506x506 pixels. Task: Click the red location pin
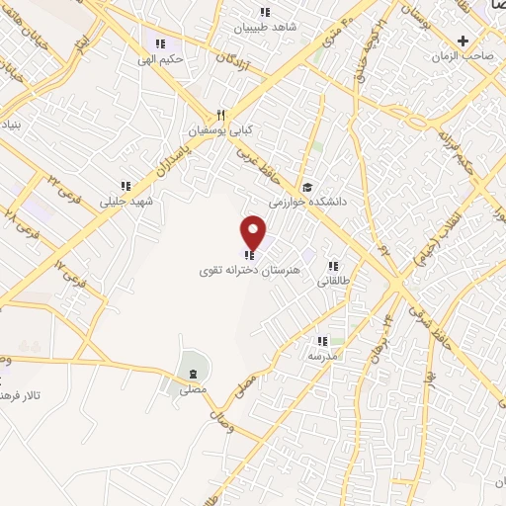tap(254, 232)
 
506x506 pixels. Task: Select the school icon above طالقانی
tap(333, 266)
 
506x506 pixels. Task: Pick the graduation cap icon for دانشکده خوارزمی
tap(307, 187)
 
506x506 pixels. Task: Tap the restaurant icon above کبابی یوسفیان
tap(222, 114)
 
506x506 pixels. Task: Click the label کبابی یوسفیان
tap(222, 129)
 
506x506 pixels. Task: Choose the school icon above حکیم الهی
tap(161, 43)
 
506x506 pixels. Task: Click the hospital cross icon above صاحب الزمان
tap(464, 41)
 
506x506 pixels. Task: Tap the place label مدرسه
tap(322, 354)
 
